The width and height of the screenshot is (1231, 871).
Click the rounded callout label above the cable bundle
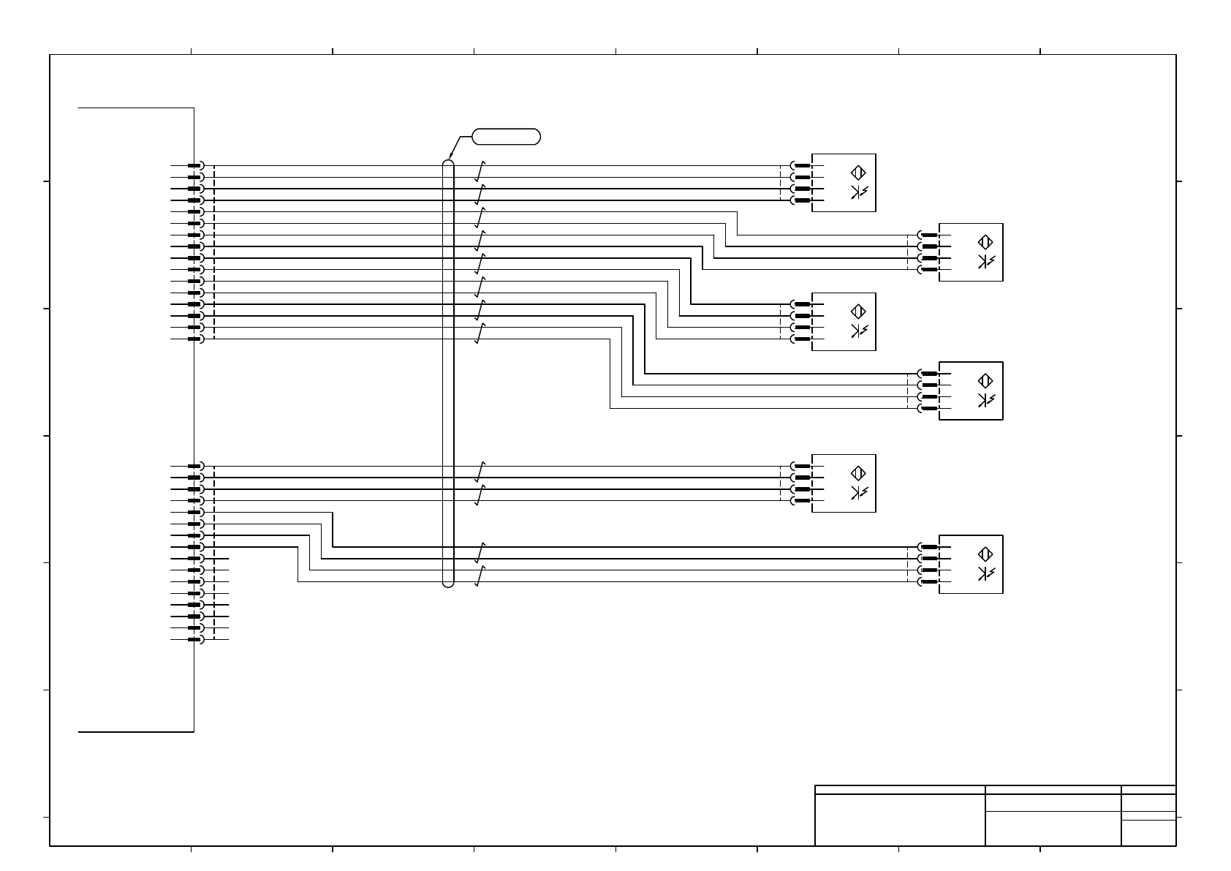[x=507, y=136]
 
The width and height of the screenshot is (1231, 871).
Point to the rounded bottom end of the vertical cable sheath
[x=449, y=584]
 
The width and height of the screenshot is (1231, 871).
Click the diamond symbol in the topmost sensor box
[x=859, y=173]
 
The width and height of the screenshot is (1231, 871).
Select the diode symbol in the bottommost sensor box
[x=985, y=574]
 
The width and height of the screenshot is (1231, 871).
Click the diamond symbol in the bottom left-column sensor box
[x=859, y=474]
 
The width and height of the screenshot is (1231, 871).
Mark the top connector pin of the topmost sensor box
[x=803, y=166]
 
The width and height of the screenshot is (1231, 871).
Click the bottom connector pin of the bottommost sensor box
[x=929, y=582]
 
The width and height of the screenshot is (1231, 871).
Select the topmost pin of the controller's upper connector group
[x=194, y=166]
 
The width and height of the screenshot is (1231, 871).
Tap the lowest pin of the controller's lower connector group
[x=194, y=640]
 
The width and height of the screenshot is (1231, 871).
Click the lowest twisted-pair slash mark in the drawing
[x=480, y=576]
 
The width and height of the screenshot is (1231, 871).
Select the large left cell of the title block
[x=900, y=819]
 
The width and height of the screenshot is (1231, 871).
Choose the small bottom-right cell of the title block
[x=1148, y=833]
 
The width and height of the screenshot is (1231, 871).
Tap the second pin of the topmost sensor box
[x=803, y=177]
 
